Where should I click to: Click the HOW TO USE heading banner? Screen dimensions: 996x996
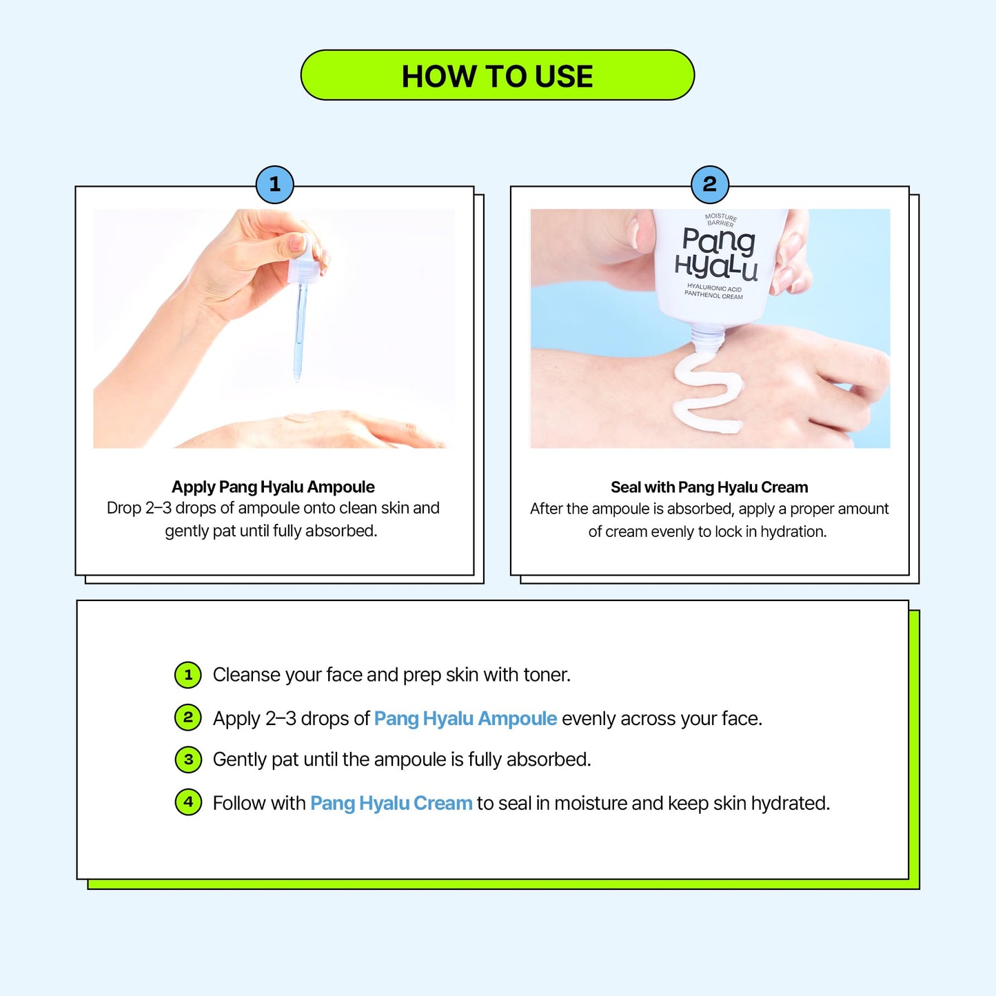497,75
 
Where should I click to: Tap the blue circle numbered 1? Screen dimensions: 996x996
274,185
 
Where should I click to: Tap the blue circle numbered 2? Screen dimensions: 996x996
710,185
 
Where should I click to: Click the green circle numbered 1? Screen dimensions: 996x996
188,675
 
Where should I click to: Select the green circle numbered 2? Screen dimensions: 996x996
188,718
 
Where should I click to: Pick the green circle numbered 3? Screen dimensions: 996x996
188,760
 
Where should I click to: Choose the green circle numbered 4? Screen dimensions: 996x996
188,802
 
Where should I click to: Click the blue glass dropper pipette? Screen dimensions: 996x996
299,331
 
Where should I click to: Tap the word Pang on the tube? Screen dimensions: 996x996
719,241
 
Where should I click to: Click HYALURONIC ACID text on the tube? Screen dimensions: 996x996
714,287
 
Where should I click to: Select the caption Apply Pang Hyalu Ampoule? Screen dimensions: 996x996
273,487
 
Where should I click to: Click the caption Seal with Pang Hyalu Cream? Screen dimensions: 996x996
709,487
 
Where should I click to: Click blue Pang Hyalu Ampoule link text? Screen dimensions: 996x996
465,718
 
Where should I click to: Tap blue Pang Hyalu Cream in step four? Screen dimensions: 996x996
392,803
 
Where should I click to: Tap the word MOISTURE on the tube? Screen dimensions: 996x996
721,217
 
